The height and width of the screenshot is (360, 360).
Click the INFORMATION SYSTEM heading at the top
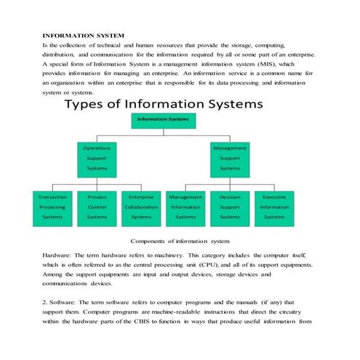[x=84, y=35]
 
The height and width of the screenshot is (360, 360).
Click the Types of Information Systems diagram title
[x=164, y=104]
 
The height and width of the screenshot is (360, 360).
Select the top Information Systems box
[x=163, y=119]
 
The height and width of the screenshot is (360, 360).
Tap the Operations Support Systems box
[x=97, y=157]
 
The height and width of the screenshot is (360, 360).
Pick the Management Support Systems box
[x=229, y=157]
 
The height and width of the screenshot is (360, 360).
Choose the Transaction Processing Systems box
[x=52, y=207]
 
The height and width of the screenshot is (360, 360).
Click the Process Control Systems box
[x=97, y=207]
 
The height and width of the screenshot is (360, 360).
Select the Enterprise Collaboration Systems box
[x=141, y=207]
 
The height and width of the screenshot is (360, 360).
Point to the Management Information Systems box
[x=185, y=207]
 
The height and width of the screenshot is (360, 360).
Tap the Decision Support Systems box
[x=230, y=207]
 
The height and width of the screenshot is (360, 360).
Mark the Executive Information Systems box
[x=274, y=207]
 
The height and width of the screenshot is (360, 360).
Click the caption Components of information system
[x=180, y=241]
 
